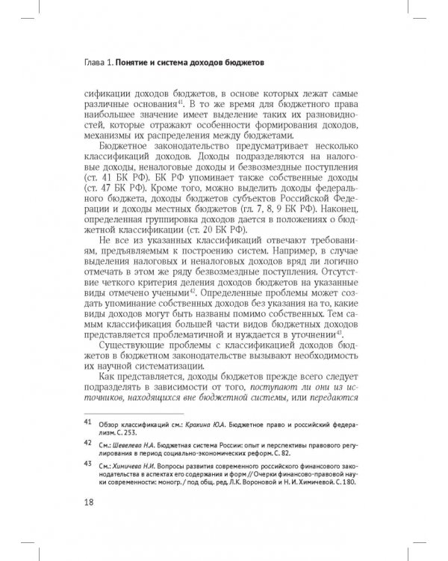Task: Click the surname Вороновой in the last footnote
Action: coord(274,482)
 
